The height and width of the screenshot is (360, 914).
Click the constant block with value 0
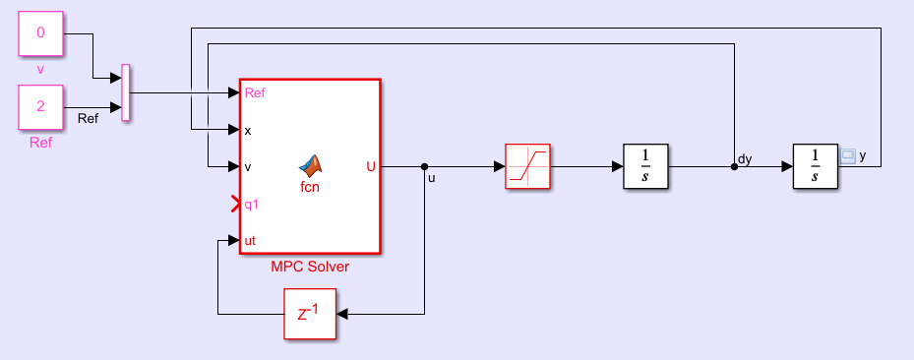pyautogui.click(x=40, y=32)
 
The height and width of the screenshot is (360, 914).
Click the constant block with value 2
pyautogui.click(x=40, y=106)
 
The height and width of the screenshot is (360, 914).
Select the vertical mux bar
pyautogui.click(x=125, y=93)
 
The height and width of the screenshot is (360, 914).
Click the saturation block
pyautogui.click(x=527, y=166)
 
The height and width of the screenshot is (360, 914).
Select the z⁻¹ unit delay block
pyautogui.click(x=308, y=315)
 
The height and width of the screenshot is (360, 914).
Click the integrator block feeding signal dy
pyautogui.click(x=645, y=166)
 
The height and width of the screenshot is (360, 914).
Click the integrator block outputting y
pyautogui.click(x=815, y=166)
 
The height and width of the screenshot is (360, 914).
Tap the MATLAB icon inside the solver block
pyautogui.click(x=311, y=164)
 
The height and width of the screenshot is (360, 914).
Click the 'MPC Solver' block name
pyautogui.click(x=310, y=266)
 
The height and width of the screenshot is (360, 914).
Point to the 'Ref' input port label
pyautogui.click(x=254, y=93)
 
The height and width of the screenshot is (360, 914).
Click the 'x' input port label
pyautogui.click(x=248, y=130)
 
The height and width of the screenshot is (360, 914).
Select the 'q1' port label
pyautogui.click(x=252, y=205)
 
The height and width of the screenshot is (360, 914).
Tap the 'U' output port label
pyautogui.click(x=370, y=166)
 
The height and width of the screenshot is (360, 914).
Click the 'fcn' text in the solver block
pyautogui.click(x=310, y=185)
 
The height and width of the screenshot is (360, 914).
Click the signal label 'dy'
pyautogui.click(x=745, y=158)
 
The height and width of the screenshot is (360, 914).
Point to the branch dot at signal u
pyautogui.click(x=424, y=166)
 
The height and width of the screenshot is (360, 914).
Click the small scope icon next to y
pyautogui.click(x=848, y=155)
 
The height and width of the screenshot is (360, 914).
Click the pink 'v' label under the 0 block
pyautogui.click(x=40, y=69)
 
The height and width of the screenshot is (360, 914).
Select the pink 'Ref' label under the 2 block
pyautogui.click(x=40, y=143)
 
